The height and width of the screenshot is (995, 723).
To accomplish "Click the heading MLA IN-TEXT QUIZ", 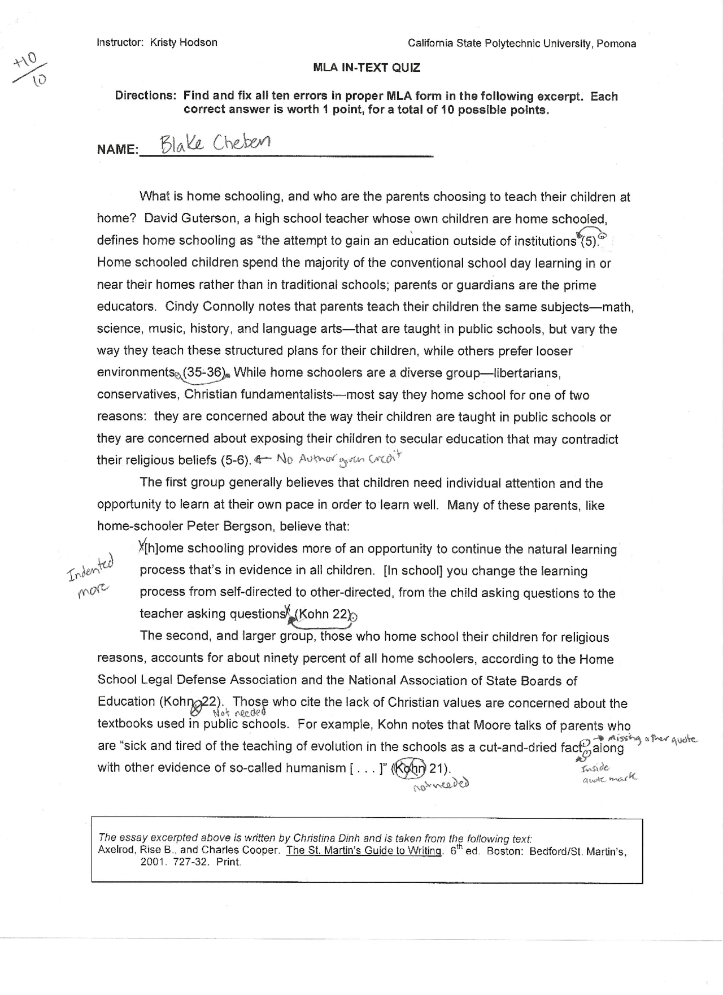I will pos(367,68).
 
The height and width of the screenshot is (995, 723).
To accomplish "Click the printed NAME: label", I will pos(117,150).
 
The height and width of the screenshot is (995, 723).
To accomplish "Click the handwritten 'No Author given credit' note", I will pos(338,459).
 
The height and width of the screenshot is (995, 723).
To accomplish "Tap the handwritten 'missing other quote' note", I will pos(650,740).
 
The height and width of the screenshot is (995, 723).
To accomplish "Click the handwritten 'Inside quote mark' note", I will pos(607,774).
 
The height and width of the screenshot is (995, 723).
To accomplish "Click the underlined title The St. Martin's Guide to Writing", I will pos(364,851).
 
